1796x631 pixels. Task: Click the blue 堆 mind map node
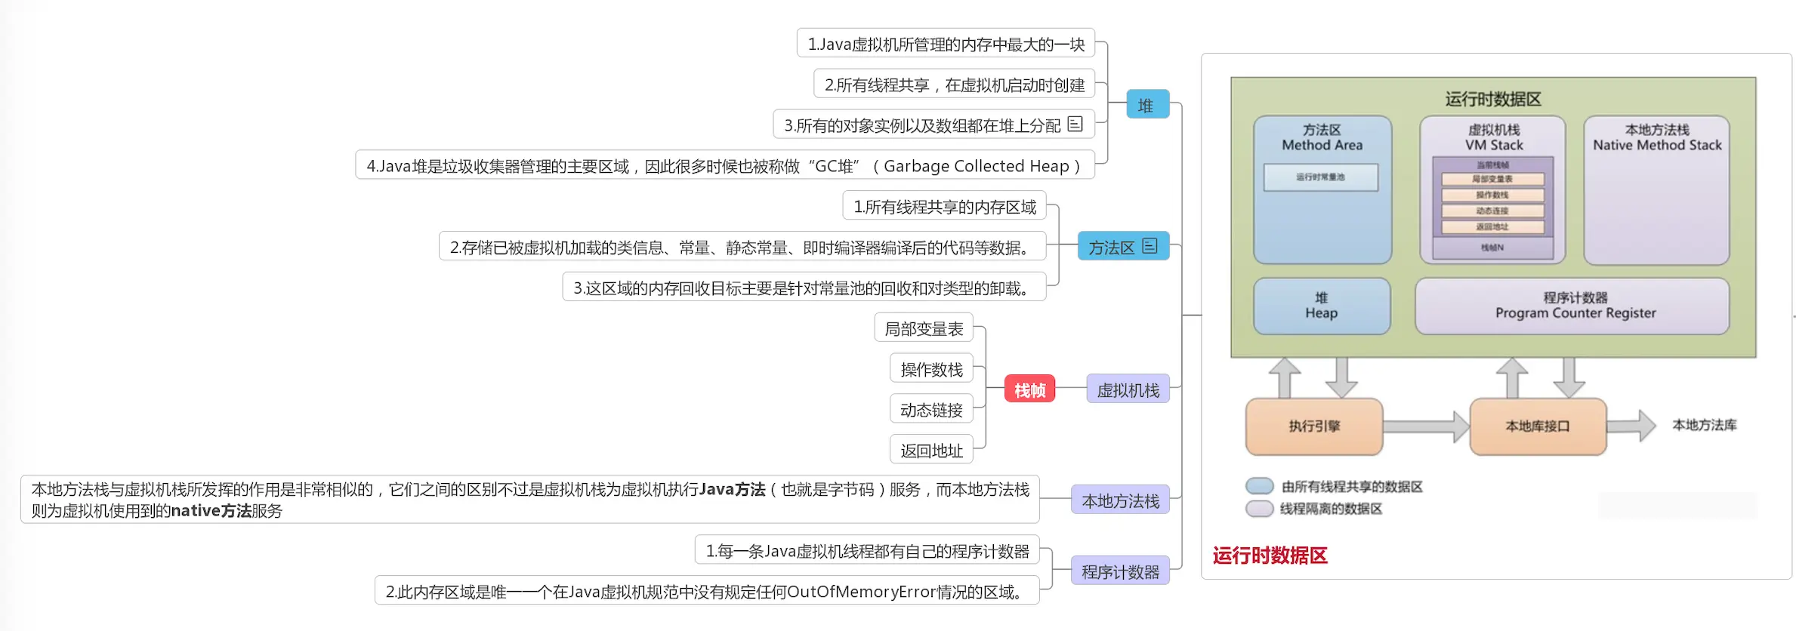coord(1146,105)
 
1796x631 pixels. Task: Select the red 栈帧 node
coord(1029,389)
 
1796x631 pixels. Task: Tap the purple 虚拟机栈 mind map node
coord(1128,389)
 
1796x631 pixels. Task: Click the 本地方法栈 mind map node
coord(1120,500)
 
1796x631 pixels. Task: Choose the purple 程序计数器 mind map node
coord(1120,571)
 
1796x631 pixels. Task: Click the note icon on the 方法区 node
coord(1150,246)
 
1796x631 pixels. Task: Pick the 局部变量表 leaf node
coord(924,328)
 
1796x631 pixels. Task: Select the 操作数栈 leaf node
coord(931,369)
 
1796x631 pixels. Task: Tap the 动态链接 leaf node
coord(931,410)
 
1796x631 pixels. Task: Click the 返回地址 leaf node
coord(931,451)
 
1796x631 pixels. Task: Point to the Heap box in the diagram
coord(1321,306)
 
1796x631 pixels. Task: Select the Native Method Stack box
coord(1656,189)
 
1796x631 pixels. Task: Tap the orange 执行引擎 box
coord(1314,426)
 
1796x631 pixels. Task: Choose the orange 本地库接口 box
coord(1538,426)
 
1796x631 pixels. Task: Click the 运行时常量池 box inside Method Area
coord(1320,177)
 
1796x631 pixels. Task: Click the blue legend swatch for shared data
coord(1259,486)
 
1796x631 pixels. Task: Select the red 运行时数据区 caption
coord(1270,556)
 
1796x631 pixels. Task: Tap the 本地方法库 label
coord(1704,425)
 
